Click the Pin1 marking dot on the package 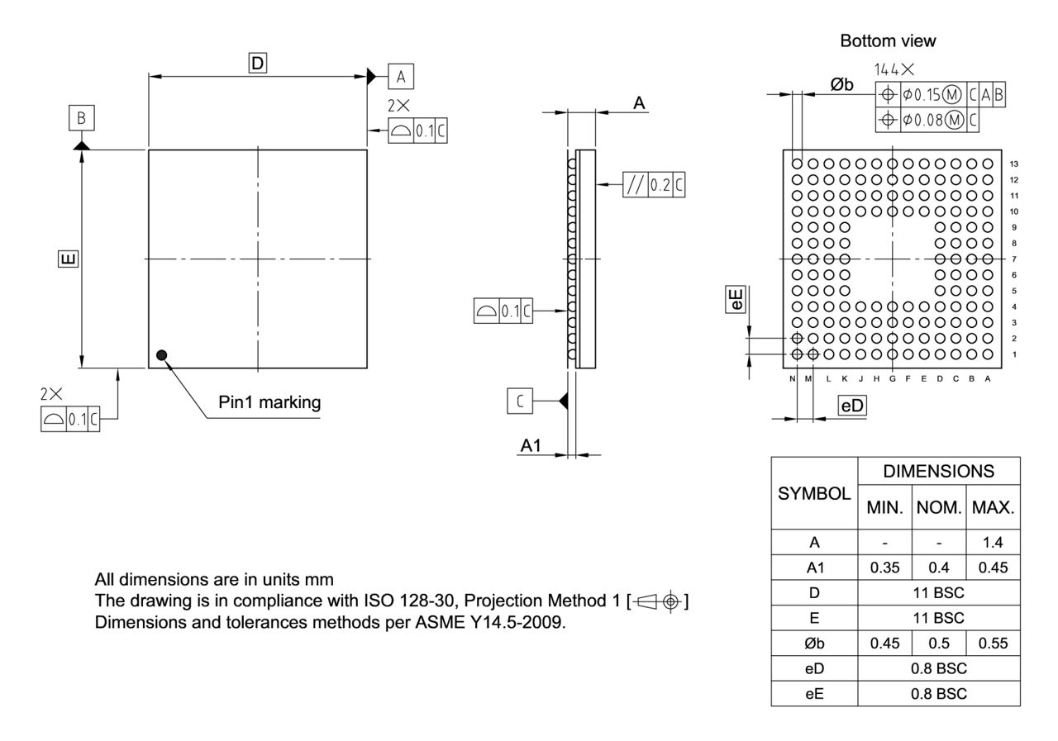[x=161, y=355]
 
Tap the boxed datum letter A [x=401, y=77]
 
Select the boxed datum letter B [x=81, y=118]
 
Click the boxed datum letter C [x=519, y=401]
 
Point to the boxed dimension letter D [x=258, y=62]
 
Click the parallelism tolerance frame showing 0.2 [x=654, y=186]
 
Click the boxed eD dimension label [x=852, y=406]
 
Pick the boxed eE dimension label [x=735, y=299]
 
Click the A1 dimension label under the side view [x=531, y=446]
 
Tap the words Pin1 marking [x=269, y=403]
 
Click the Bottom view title [x=888, y=40]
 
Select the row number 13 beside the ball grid [x=1014, y=164]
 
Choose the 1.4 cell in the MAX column [x=993, y=543]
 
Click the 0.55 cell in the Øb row [x=993, y=643]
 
